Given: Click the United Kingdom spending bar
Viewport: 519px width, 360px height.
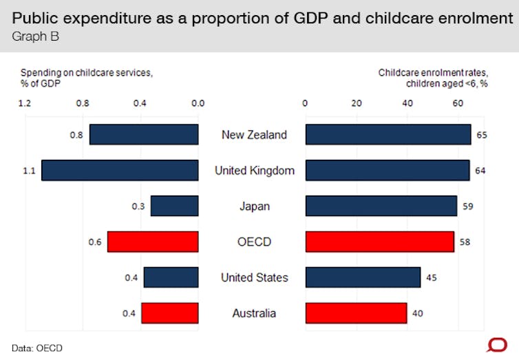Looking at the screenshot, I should pos(120,170).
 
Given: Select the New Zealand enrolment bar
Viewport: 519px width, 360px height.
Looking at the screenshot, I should pos(388,135).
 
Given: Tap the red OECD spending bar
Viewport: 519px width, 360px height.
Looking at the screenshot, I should pos(153,242).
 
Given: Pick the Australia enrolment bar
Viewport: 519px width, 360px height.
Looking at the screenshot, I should pos(356,313).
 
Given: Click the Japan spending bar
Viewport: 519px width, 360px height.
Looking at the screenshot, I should pos(175,206).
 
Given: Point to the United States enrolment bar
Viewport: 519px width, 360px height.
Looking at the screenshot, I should pos(363,277).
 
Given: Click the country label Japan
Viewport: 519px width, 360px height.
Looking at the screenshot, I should pos(254,206).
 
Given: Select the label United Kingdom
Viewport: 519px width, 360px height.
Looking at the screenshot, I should pos(254,170).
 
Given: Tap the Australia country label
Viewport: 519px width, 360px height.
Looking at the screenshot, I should pos(254,313).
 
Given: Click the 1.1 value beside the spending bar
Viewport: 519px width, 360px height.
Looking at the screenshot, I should pos(29,171).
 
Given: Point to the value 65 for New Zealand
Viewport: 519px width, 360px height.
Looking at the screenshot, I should pos(482,135).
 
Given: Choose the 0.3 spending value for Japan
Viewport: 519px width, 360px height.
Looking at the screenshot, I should pos(138,207).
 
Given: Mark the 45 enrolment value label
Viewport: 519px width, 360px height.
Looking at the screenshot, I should pos(432,278).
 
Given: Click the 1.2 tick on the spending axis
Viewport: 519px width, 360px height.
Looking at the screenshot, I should pos(25,104).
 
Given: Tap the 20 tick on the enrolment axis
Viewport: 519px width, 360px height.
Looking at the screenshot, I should pos(357,104).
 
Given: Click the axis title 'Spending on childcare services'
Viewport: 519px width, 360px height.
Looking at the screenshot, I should pos(86,72).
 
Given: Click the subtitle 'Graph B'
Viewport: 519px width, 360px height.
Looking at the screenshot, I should pos(35,36).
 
